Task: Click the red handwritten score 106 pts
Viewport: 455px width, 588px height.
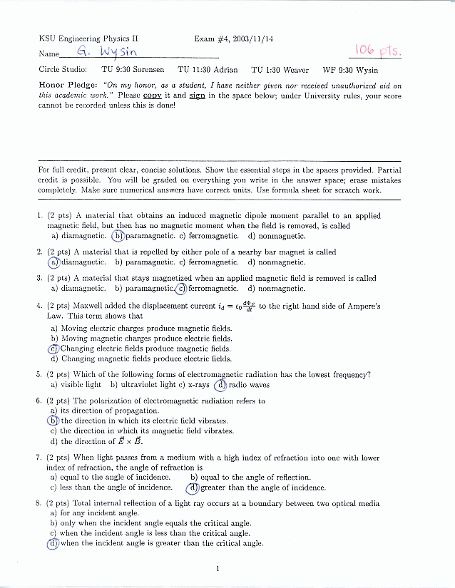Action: point(379,50)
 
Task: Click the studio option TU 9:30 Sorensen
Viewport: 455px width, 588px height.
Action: point(133,70)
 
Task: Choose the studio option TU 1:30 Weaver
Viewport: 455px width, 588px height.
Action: point(280,70)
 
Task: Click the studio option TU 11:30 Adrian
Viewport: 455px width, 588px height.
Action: point(208,70)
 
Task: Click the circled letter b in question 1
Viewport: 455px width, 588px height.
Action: point(118,236)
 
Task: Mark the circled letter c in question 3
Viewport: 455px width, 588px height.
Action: point(181,289)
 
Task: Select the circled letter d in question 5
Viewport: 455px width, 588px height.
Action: point(221,385)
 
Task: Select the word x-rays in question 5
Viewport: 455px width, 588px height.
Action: point(198,385)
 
